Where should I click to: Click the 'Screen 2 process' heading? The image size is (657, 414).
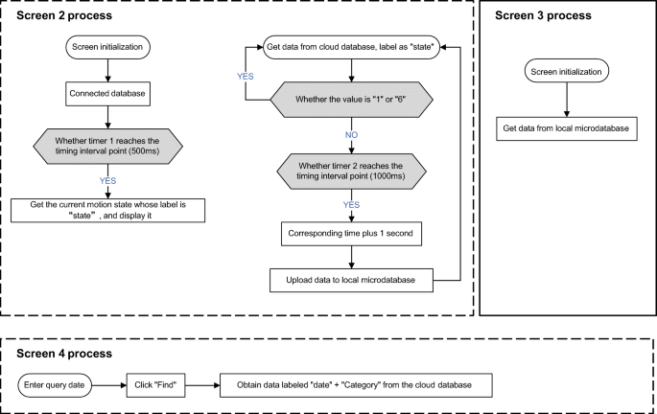pyautogui.click(x=64, y=15)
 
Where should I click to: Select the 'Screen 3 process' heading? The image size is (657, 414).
pyautogui.click(x=543, y=15)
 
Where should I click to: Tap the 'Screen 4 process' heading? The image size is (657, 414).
pyautogui.click(x=64, y=354)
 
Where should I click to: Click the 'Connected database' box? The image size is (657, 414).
pyautogui.click(x=107, y=93)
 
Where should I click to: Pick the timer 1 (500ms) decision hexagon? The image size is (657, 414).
pyautogui.click(x=107, y=146)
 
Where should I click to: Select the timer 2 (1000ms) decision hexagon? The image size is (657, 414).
pyautogui.click(x=351, y=172)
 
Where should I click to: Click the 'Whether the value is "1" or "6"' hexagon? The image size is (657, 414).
pyautogui.click(x=351, y=100)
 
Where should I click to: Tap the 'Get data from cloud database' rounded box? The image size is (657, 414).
pyautogui.click(x=351, y=47)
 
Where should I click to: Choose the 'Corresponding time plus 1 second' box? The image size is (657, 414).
pyautogui.click(x=351, y=234)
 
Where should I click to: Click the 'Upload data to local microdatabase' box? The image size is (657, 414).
pyautogui.click(x=351, y=280)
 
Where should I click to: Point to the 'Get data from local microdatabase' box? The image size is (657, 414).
pyautogui.click(x=567, y=128)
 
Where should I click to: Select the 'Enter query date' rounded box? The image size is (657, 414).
pyautogui.click(x=55, y=385)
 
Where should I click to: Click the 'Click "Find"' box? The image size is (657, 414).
pyautogui.click(x=155, y=385)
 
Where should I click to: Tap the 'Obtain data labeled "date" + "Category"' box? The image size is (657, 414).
pyautogui.click(x=356, y=385)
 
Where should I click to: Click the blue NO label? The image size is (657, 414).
pyautogui.click(x=351, y=135)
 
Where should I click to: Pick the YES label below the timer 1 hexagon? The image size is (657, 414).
pyautogui.click(x=107, y=181)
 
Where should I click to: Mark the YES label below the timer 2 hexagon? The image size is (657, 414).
pyautogui.click(x=351, y=205)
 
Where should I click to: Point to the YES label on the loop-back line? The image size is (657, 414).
pyautogui.click(x=246, y=76)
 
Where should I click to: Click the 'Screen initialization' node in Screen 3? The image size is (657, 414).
pyautogui.click(x=567, y=71)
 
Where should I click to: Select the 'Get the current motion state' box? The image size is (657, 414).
pyautogui.click(x=107, y=210)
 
